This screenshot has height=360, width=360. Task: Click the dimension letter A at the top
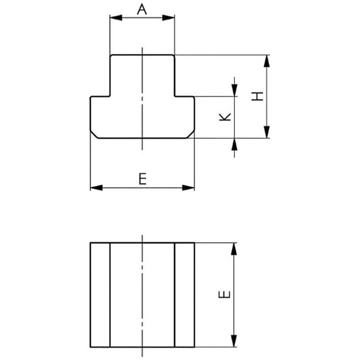142,9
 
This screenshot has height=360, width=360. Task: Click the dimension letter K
224,118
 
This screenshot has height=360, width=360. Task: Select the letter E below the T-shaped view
142,178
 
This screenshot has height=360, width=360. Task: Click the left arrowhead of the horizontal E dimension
95,188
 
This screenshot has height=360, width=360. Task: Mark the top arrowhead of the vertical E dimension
234,247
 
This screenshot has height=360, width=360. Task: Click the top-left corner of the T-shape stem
110,56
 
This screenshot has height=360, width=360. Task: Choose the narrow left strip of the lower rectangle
100,295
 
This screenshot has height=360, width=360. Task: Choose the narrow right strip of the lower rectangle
185,295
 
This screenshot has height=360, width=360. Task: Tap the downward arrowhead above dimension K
234,91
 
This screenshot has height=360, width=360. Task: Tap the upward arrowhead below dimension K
234,143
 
